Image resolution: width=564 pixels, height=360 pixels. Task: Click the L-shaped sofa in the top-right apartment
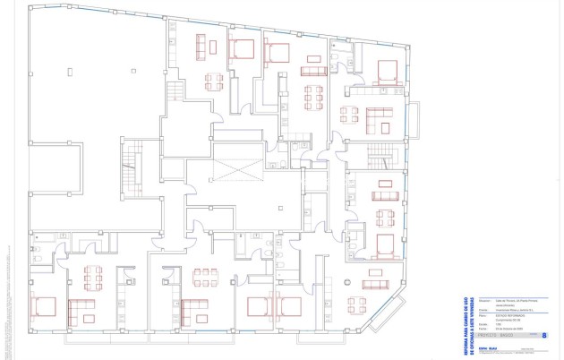[x=377, y=116]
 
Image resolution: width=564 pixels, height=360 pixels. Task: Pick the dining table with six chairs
[x=313, y=95]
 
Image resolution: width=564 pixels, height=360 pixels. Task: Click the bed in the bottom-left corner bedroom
[x=44, y=307]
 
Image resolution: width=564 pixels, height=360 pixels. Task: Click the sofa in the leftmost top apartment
[x=201, y=46]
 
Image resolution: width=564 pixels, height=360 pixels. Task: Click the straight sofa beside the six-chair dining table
[x=313, y=71]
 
